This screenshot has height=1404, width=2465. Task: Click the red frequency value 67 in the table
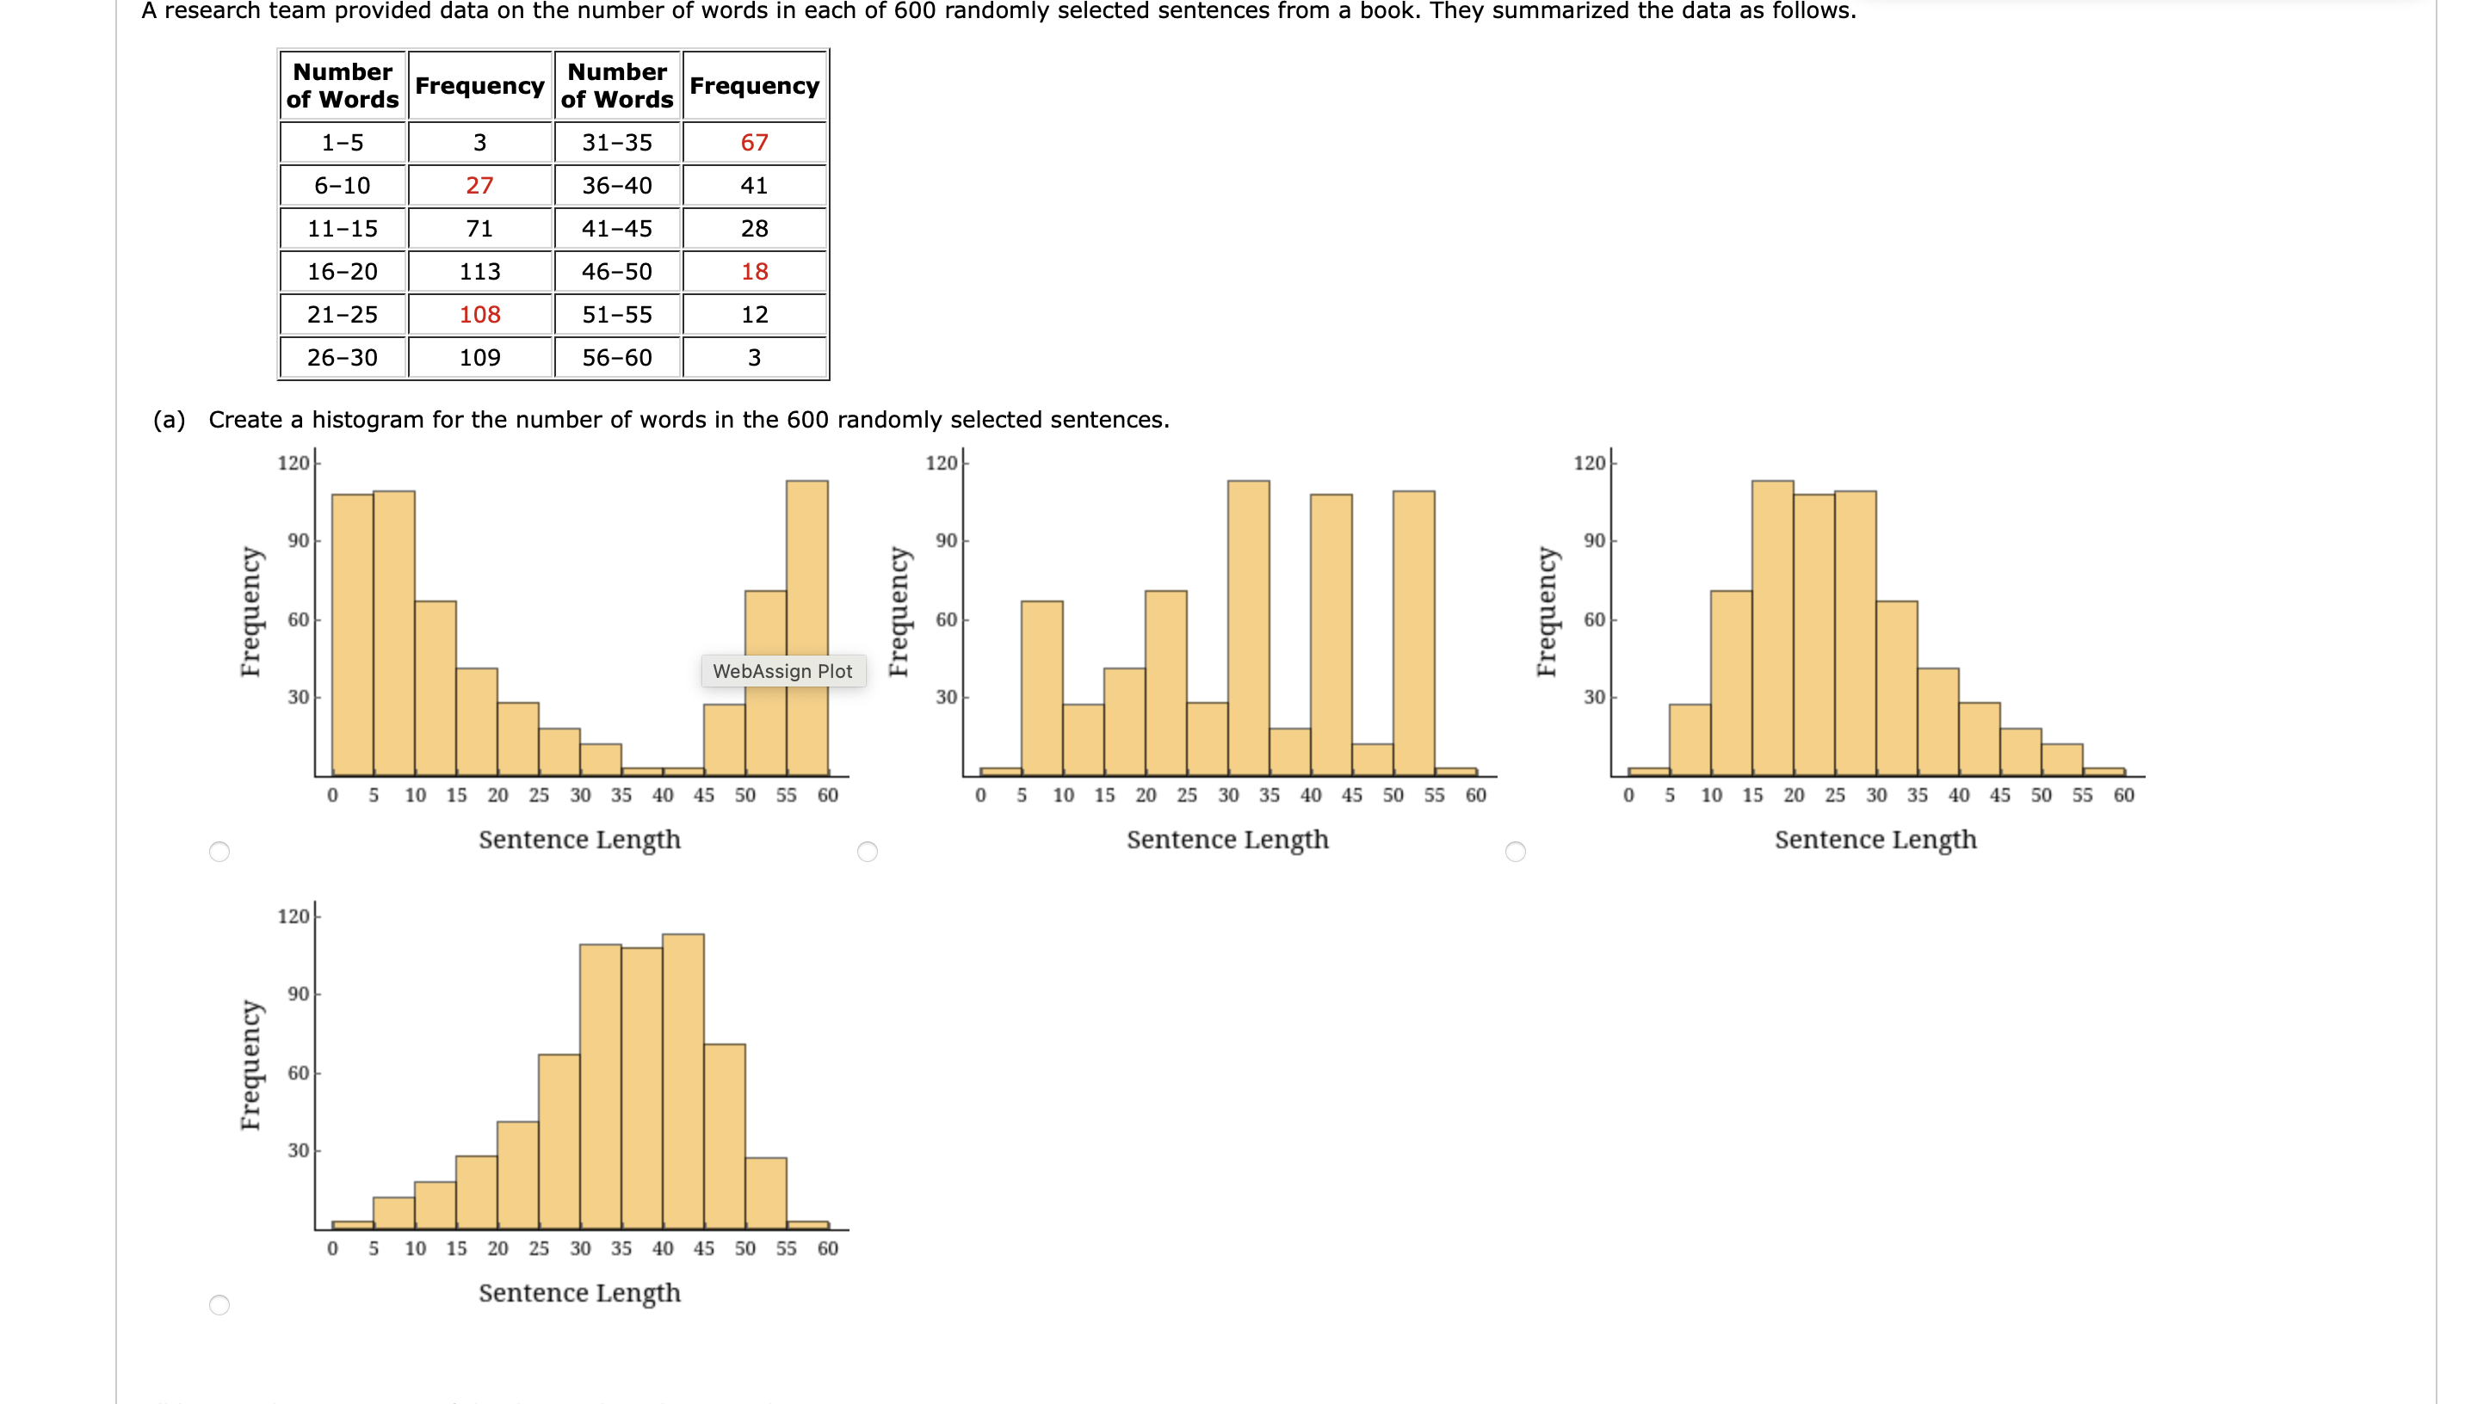pos(753,143)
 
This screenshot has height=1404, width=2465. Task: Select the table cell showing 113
pos(479,272)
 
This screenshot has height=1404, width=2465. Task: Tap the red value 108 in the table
pos(479,314)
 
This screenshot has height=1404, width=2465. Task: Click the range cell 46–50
pos(616,272)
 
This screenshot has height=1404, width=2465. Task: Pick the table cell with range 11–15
pos(343,229)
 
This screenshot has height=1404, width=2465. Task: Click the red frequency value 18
pos(753,272)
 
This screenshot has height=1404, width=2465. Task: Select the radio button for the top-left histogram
pos(219,852)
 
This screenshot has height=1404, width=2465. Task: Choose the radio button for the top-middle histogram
pos(867,852)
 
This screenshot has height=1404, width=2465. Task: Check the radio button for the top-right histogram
pos(1515,852)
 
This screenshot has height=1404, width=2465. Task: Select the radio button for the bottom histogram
pos(219,1305)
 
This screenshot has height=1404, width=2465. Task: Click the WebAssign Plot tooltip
pos(782,671)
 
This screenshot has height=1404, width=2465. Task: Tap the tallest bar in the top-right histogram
pos(1771,627)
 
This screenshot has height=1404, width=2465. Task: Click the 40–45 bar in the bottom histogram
pos(683,1080)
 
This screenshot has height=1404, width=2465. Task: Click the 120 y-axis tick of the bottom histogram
pos(293,916)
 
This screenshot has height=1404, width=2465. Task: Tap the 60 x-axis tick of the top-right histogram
pos(2122,796)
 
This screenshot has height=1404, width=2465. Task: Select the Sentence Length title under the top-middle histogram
pos(1226,840)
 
